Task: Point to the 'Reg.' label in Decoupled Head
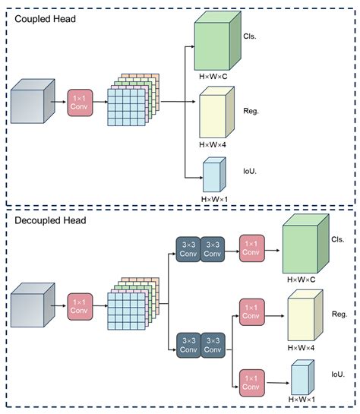point(339,313)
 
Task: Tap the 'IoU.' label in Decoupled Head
point(339,374)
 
